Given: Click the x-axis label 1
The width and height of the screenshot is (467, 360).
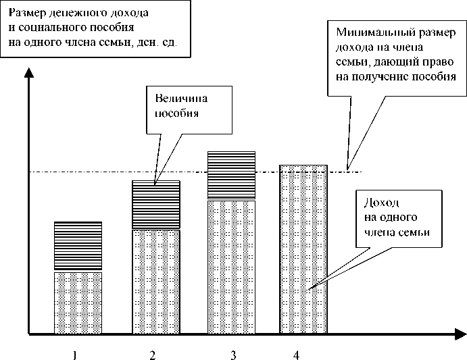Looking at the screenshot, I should (76, 354).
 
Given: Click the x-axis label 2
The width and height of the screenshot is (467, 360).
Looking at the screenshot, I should (153, 354).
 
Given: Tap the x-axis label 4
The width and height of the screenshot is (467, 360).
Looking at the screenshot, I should (295, 354).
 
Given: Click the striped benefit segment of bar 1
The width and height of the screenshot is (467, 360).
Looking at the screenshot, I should (77, 247).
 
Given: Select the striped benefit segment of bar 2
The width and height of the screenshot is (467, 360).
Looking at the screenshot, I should (155, 205).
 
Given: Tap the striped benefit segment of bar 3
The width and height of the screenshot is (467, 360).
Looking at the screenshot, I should (232, 176).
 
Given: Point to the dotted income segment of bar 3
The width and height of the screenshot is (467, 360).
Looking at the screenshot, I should (232, 266).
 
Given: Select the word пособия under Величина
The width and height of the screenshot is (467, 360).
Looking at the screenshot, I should (177, 113).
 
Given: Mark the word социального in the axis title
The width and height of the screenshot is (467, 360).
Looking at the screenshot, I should (51, 28).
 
